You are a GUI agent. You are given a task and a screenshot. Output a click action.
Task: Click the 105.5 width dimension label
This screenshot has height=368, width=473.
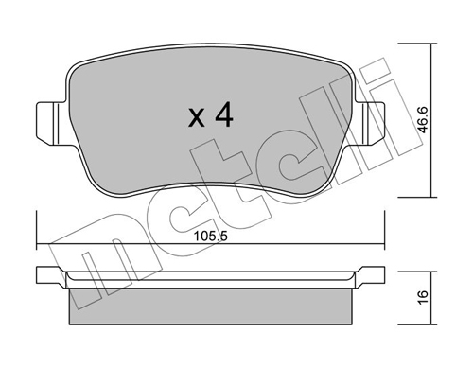210,237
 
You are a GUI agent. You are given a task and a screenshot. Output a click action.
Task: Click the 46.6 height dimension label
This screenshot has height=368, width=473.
424,119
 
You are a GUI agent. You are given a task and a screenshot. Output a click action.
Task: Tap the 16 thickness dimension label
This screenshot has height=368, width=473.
424,297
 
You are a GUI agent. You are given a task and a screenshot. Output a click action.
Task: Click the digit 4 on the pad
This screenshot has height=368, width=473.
224,116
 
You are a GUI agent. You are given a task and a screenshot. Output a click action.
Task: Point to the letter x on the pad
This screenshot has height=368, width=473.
196,118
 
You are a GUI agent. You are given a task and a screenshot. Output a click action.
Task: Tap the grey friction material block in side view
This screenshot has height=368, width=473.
211,307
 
